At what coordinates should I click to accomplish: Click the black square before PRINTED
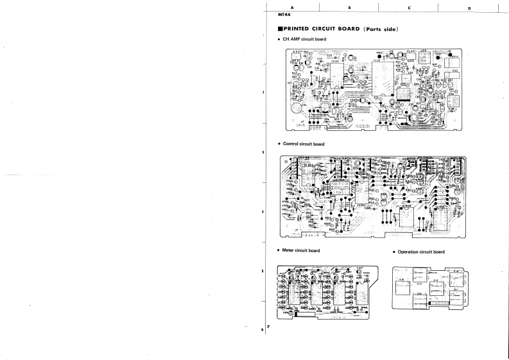[x=280, y=29]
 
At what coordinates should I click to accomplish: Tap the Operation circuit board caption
[x=420, y=252]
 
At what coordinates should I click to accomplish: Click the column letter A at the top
[x=292, y=7]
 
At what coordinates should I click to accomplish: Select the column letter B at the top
[x=349, y=7]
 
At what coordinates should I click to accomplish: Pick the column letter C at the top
[x=409, y=7]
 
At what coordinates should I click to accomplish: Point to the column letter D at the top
[x=469, y=7]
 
